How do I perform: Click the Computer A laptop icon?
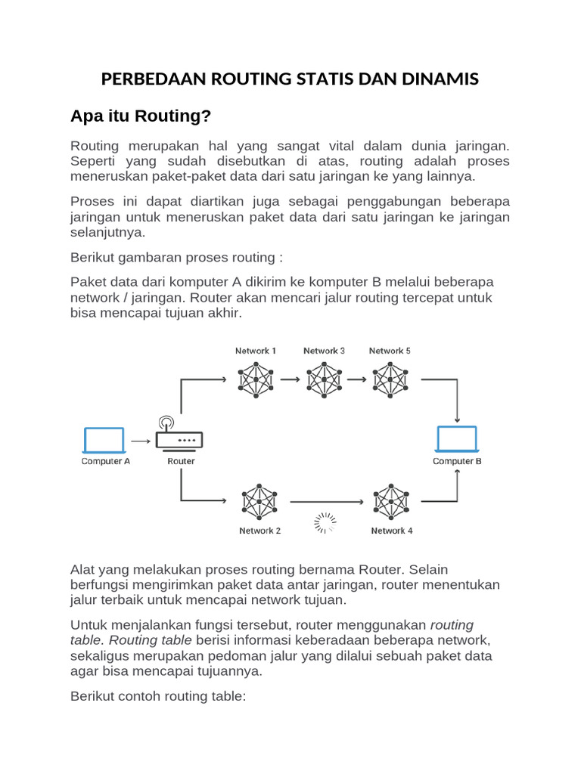(104, 440)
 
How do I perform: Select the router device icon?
(180, 438)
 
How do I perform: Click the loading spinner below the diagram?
(326, 522)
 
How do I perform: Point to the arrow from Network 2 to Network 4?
(325, 500)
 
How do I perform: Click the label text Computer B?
(457, 461)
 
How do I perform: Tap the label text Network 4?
(392, 531)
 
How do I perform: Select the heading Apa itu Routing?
(141, 116)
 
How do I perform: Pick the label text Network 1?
(256, 351)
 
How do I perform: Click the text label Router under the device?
(181, 461)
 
